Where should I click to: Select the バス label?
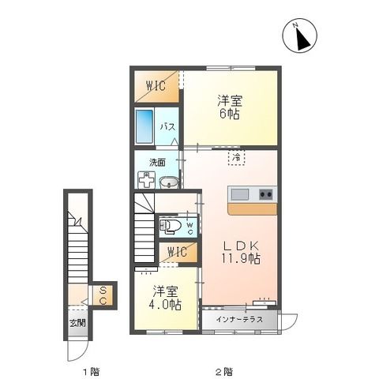(167, 126)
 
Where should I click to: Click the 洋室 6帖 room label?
(229, 107)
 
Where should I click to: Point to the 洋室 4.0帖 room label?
(166, 298)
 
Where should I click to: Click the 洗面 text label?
(157, 163)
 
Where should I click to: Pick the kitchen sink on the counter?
(240, 194)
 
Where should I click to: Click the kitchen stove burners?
(265, 194)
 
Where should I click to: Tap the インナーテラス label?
(230, 321)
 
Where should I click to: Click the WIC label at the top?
(155, 86)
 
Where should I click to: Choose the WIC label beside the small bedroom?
(176, 253)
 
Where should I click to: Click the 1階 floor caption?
(91, 370)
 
